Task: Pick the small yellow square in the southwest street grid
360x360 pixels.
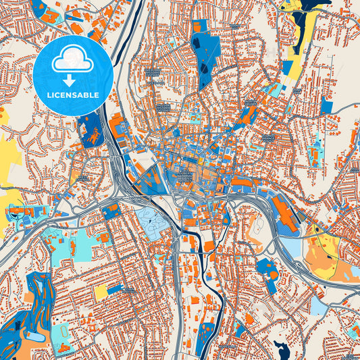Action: click(x=101, y=292)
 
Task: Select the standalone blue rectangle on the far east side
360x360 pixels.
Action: click(x=327, y=106)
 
